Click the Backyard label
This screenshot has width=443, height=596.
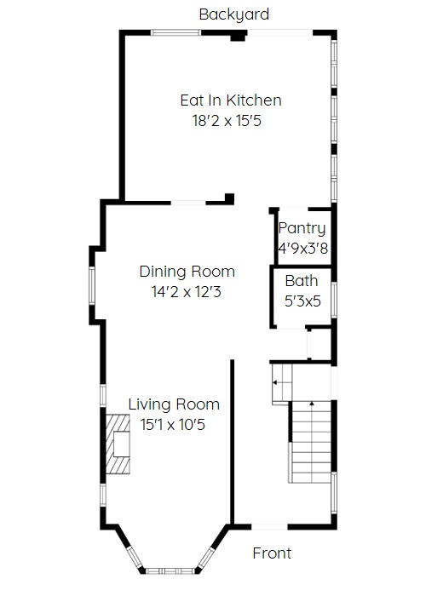[234, 15]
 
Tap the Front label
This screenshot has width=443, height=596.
[272, 553]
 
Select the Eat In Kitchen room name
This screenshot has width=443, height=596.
[231, 100]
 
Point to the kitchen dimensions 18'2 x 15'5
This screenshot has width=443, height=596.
[227, 121]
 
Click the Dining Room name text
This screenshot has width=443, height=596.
[187, 272]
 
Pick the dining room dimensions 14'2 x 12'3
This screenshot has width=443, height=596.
[187, 292]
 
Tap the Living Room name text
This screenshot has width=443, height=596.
[174, 404]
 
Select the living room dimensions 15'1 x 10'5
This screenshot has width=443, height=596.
[173, 425]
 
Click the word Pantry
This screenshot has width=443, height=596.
[302, 229]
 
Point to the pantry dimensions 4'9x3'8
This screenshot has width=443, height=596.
[303, 249]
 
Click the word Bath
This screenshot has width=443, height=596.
[302, 281]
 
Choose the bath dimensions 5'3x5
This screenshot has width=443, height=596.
[302, 301]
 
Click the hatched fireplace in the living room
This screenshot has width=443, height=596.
[118, 444]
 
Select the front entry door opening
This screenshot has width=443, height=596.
[269, 527]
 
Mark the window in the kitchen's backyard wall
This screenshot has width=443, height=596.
[175, 32]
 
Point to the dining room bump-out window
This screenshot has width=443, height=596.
[92, 285]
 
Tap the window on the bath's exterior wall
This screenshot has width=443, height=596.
[334, 301]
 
